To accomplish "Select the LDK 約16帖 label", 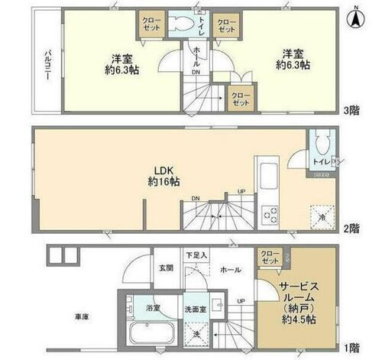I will tap(164, 176).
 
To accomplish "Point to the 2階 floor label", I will tap(351, 227).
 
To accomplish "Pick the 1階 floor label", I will tap(351, 347).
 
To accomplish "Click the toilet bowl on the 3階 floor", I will tap(182, 23).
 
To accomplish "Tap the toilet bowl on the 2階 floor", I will tap(322, 141).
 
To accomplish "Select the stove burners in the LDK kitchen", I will tap(271, 215).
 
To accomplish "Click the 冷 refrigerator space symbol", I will tap(321, 216).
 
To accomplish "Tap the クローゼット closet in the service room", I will tap(269, 258).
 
